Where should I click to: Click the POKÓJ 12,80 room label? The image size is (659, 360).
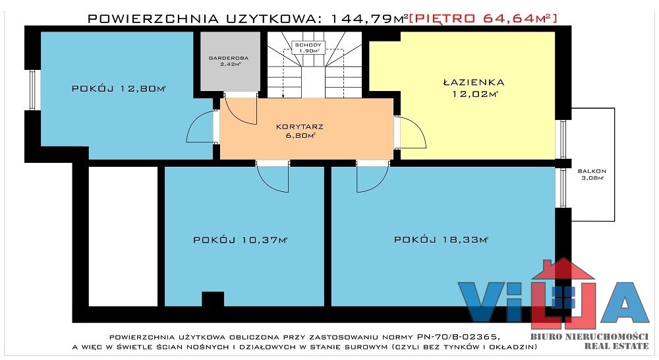click(x=119, y=89)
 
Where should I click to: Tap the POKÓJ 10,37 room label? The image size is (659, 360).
click(x=240, y=240)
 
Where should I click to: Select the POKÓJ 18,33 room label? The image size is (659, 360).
click(x=441, y=240)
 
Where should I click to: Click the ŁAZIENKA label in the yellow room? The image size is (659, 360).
click(x=474, y=82)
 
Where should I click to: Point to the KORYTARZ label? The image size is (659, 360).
click(x=300, y=127)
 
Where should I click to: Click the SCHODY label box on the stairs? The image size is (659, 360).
click(x=308, y=47)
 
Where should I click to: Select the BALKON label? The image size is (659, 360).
click(x=592, y=171)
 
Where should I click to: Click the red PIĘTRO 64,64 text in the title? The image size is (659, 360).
click(x=483, y=18)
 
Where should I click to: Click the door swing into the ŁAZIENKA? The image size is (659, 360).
click(x=411, y=133)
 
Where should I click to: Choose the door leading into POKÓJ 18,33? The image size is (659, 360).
click(x=373, y=177)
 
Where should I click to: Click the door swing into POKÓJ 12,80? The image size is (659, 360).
click(x=201, y=127)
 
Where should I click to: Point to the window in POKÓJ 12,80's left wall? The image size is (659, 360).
click(x=33, y=90)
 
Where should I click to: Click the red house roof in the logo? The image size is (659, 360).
click(x=563, y=269)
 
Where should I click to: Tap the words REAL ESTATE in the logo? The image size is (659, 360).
click(x=617, y=346)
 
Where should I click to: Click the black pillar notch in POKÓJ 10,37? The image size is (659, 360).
click(x=213, y=299)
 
